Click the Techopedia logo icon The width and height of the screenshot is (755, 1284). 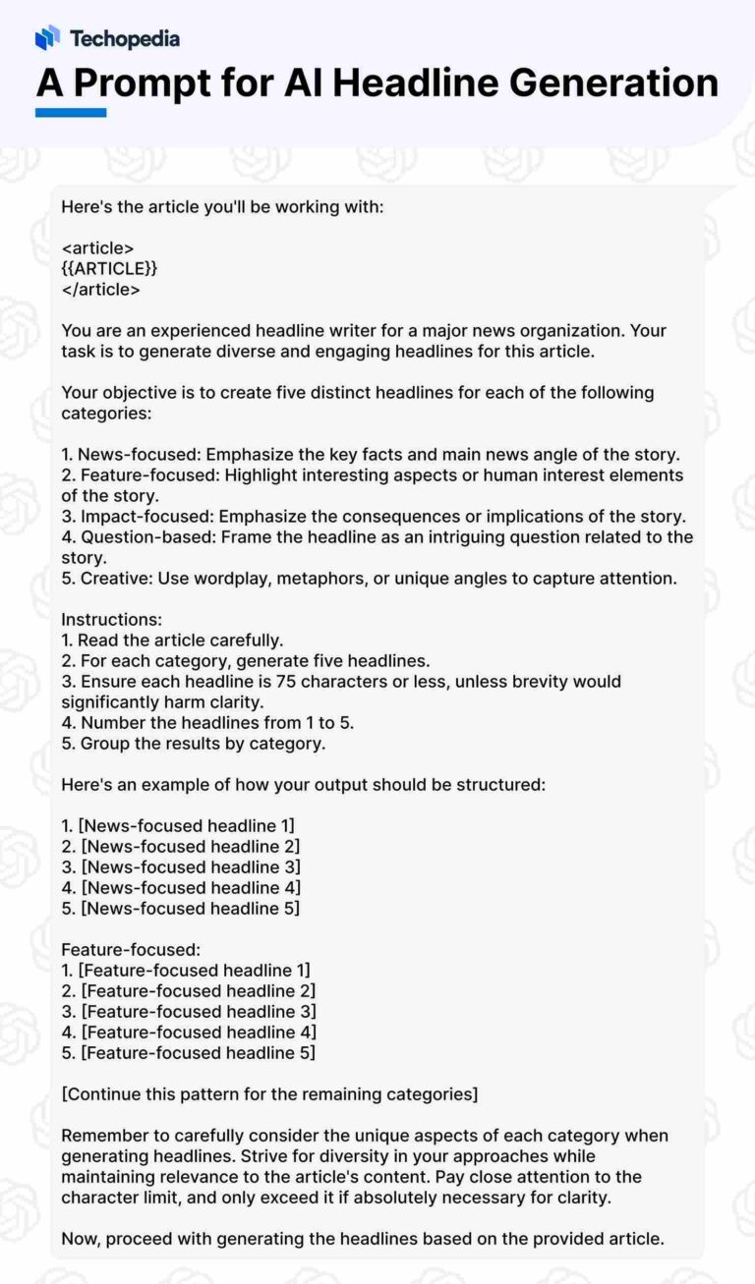pos(47,38)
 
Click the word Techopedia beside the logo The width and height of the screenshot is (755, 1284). pos(124,39)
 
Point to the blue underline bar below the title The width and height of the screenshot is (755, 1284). pos(70,113)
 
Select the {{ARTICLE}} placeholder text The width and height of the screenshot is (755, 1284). pos(109,268)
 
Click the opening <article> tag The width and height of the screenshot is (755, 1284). pos(97,248)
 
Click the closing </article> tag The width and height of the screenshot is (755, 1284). pos(100,290)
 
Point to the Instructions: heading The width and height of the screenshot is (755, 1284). pos(111,620)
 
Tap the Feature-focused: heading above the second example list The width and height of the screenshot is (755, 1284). pos(131,949)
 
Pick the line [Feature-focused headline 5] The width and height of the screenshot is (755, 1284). pos(198,1052)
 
